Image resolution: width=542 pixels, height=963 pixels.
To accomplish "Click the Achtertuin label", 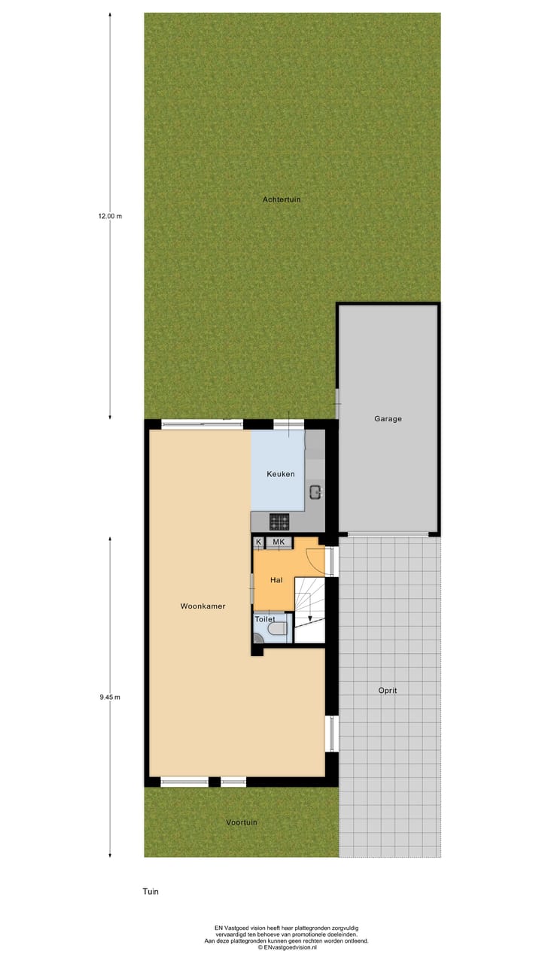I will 282,199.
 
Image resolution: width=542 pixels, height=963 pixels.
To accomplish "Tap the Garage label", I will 388,419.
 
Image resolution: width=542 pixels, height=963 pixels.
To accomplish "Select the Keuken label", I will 281,474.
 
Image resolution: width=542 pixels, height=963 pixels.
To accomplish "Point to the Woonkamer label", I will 202,606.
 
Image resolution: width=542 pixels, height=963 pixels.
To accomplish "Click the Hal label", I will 276,581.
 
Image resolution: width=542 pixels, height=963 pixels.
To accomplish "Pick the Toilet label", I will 265,619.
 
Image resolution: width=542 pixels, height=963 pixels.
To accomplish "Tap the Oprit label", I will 388,690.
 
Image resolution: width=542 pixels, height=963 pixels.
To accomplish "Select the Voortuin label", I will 242,822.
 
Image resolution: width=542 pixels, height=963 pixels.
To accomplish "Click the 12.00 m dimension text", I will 110,216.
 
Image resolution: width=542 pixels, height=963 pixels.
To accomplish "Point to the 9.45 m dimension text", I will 110,697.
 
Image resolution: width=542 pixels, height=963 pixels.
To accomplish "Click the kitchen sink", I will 315,493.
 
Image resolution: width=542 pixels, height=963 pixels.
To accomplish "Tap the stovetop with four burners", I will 279,521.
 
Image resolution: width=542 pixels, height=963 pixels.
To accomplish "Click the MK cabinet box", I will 279,542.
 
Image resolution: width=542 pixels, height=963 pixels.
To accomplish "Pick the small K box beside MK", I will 259,542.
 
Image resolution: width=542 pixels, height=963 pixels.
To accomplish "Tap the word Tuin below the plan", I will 151,892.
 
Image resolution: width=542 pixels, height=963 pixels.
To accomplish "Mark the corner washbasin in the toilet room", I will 257,639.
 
